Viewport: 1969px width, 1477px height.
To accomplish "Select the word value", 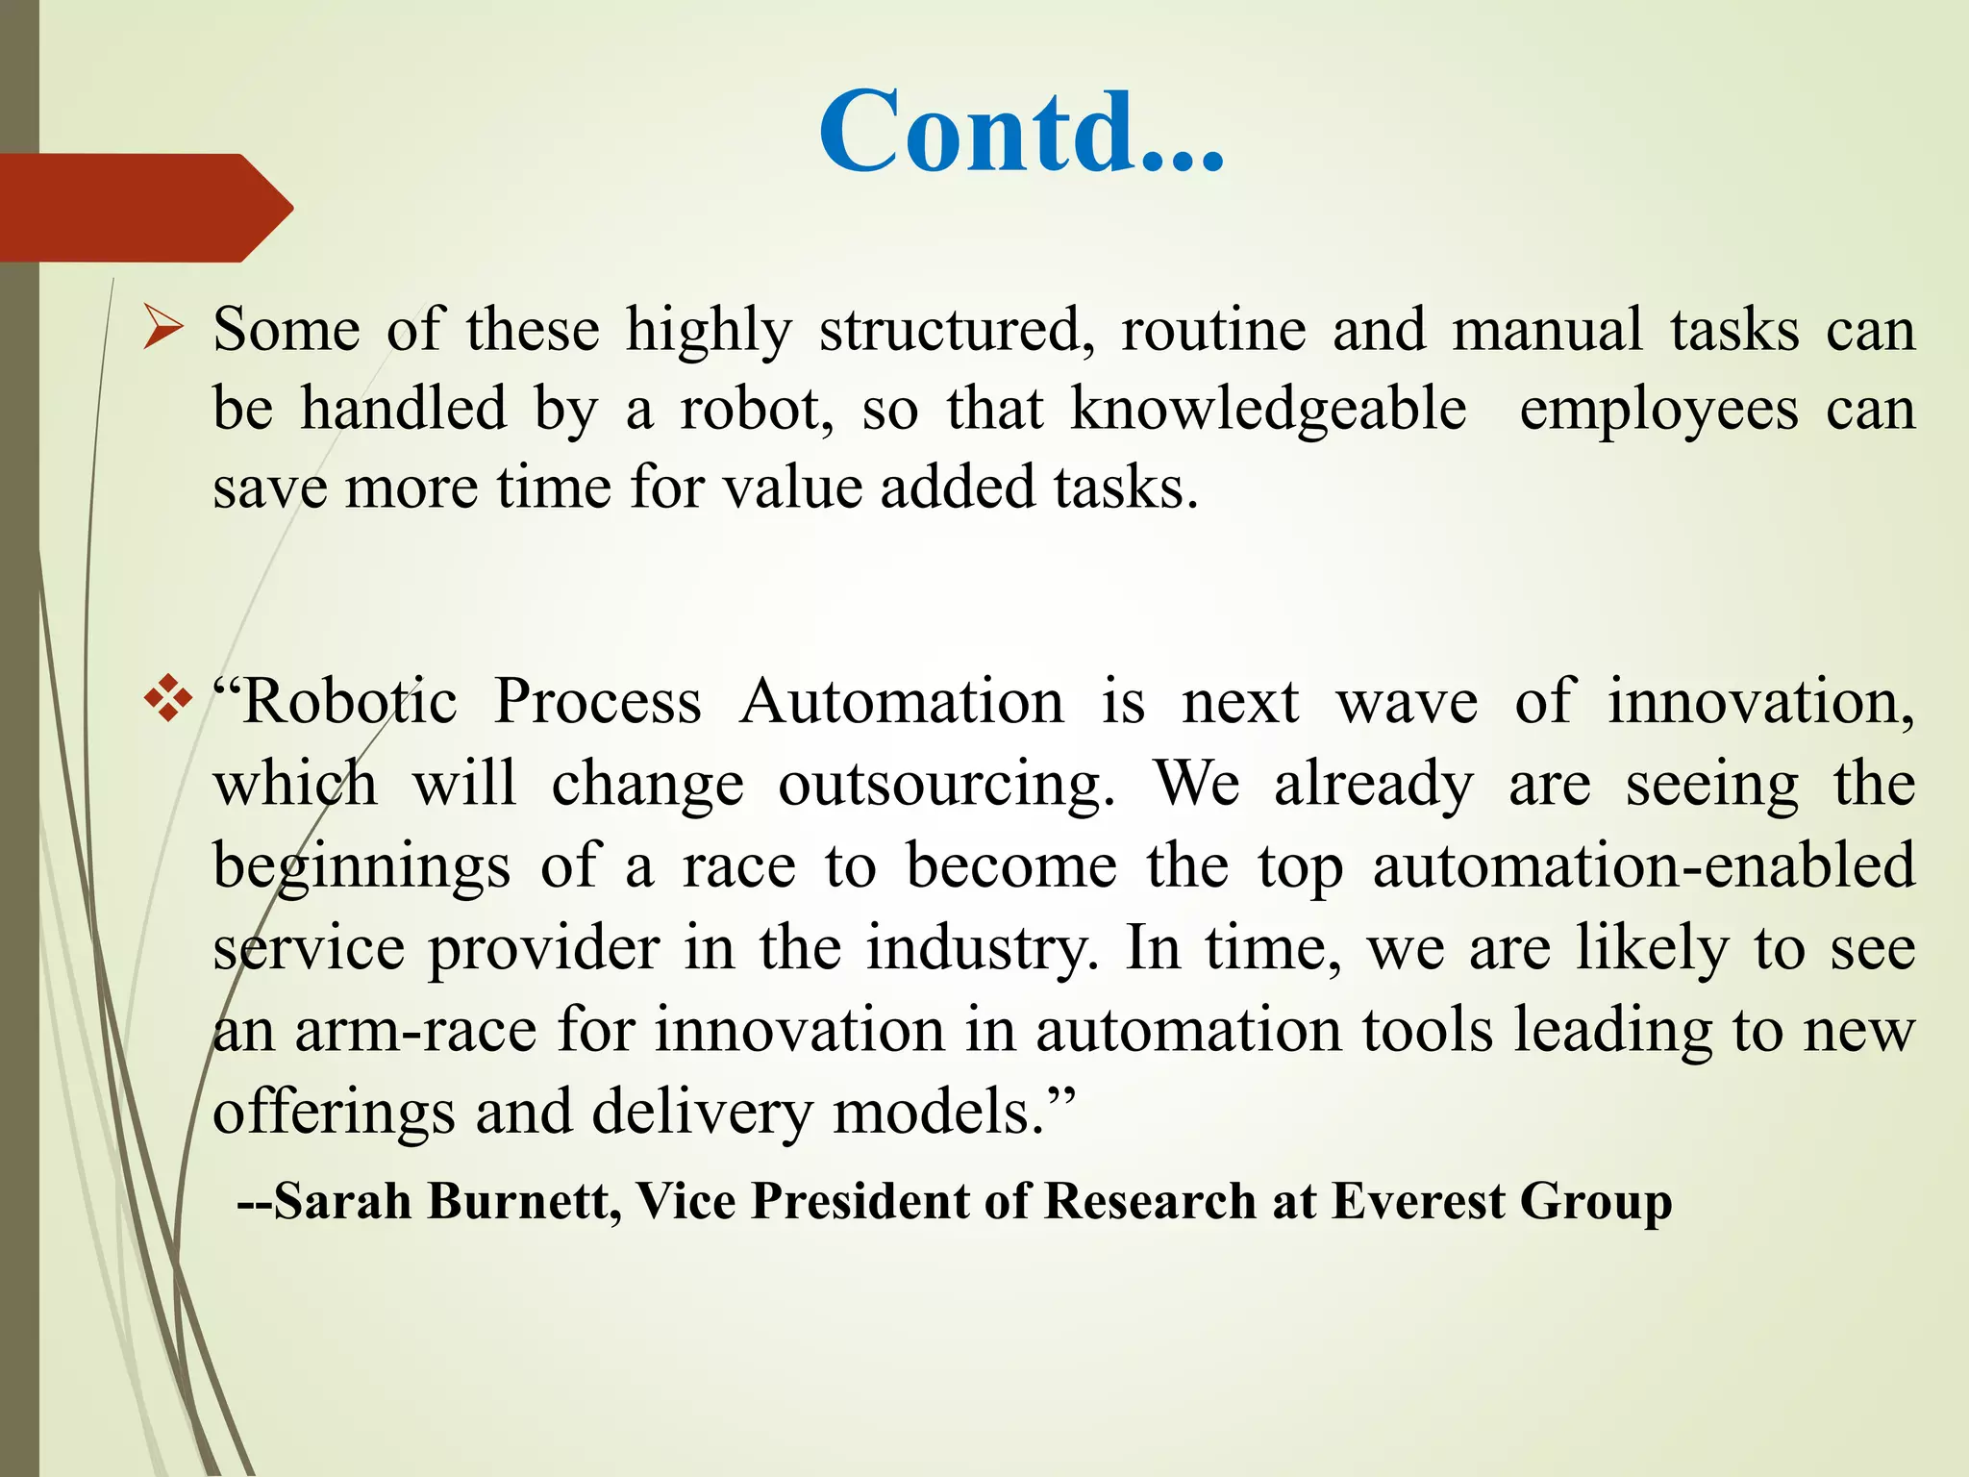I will [x=793, y=488].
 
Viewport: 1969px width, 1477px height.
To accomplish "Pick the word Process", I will [x=597, y=701].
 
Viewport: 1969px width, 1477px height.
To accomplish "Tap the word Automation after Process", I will [x=902, y=701].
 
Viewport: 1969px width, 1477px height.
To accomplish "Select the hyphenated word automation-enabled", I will [x=1644, y=865].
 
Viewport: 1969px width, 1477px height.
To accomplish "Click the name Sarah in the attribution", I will [x=343, y=1201].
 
